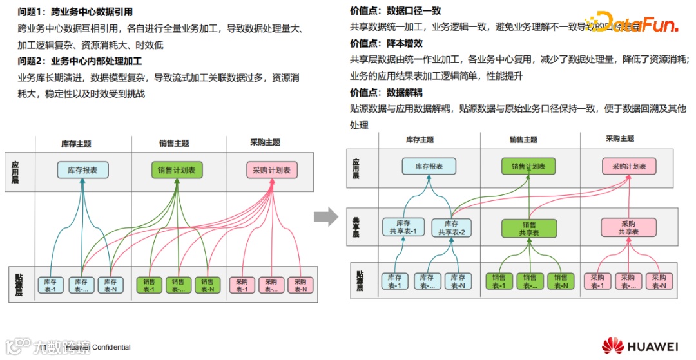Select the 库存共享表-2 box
click(x=452, y=227)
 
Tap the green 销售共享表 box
click(x=528, y=227)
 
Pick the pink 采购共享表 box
click(x=628, y=227)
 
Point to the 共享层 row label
click(x=356, y=227)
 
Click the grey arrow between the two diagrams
click(x=326, y=217)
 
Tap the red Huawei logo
click(x=612, y=346)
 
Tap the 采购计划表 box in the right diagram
click(x=629, y=166)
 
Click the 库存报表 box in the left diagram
click(x=82, y=170)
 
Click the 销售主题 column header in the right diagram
click(x=523, y=139)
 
